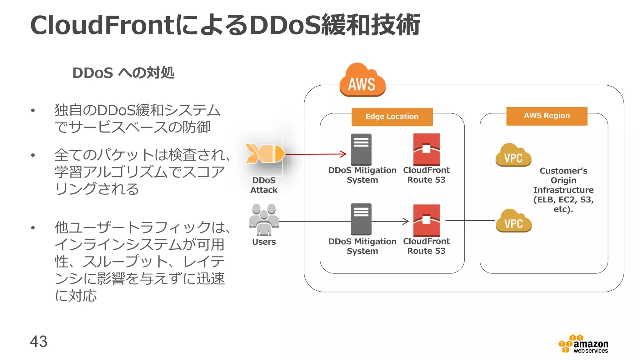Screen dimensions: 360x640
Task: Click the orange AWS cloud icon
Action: coord(362,80)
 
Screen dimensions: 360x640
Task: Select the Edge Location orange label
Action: coord(392,117)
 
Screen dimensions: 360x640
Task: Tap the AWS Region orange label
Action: coord(547,116)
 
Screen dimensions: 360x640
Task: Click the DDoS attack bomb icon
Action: coord(265,154)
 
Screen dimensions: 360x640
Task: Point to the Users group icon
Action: coord(264,220)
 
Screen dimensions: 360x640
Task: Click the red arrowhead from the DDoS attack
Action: coord(343,154)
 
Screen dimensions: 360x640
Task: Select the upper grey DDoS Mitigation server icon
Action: coord(361,149)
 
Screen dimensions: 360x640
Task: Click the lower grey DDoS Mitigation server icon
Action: coord(361,219)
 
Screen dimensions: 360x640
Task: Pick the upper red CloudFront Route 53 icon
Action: coord(426,149)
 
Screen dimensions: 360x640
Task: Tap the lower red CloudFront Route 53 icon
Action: coord(426,220)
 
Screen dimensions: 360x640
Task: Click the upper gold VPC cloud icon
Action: coord(513,155)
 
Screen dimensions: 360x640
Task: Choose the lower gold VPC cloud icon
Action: coord(513,221)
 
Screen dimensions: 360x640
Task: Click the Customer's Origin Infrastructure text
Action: coord(563,190)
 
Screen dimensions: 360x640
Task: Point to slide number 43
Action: coord(38,341)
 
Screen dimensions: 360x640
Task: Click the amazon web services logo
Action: coord(583,344)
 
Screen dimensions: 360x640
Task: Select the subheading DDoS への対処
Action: coord(123,73)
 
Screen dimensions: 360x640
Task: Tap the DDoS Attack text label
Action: coord(264,185)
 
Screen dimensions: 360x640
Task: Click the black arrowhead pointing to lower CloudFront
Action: coord(406,221)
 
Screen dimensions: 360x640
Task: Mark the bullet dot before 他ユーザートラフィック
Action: coord(33,228)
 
